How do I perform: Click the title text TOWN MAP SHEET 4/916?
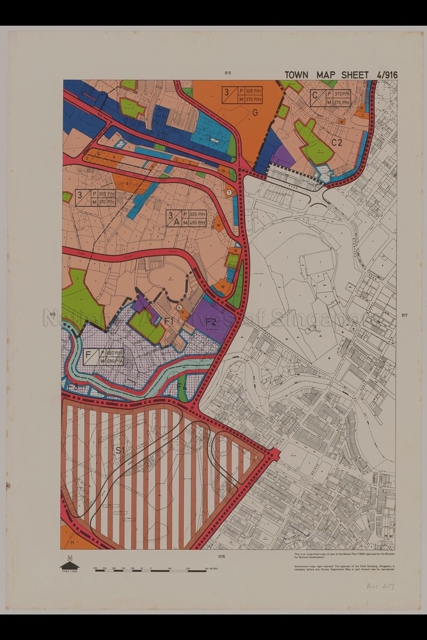coord(341,75)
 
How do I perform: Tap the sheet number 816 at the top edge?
coord(228,73)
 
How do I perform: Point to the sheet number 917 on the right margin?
coord(404,315)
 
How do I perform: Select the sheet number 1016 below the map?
coord(221,556)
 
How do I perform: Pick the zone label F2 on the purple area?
coord(211,321)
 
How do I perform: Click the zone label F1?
coord(169,321)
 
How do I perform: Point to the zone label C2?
coord(337,142)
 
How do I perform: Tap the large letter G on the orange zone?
coord(255,112)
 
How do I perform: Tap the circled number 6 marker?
coord(179,308)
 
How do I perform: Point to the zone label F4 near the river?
coord(182,387)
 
